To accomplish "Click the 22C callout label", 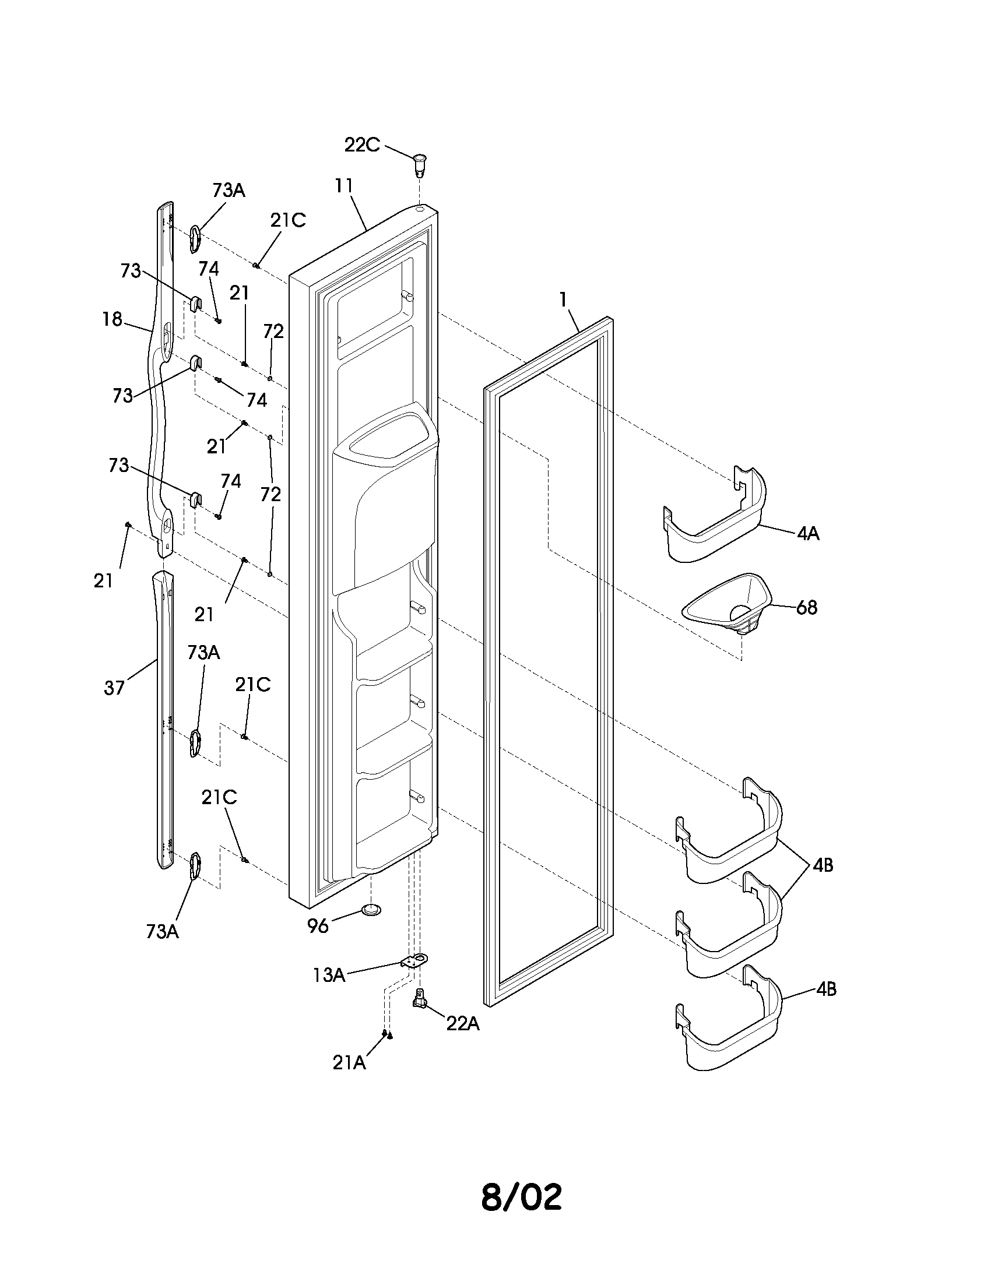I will coord(361,145).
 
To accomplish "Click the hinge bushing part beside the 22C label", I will coord(420,164).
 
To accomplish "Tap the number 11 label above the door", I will coord(344,185).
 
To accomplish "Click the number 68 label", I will coord(807,608).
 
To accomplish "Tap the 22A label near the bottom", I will coord(463,1023).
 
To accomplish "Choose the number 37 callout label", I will coord(114,688).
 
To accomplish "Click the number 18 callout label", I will coord(111,319).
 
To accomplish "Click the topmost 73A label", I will coord(229,190).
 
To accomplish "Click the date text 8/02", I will coord(521,1198).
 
